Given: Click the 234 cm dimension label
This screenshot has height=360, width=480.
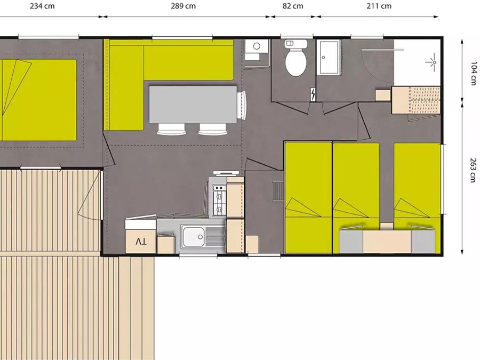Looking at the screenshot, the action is tap(42, 6).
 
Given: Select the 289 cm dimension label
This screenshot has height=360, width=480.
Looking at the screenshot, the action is tap(183, 6).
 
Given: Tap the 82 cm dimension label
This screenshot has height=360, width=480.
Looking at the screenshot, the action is tap(293, 6).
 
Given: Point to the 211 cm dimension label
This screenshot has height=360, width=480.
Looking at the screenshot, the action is tap(379, 6).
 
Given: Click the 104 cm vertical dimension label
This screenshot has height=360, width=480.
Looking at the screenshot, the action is tap(474, 74).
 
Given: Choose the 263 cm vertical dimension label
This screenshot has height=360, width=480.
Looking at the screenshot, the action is tap(474, 170).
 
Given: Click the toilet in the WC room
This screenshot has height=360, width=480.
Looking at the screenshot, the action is tap(296, 59).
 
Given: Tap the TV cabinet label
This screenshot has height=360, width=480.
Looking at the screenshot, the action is tap(141, 242).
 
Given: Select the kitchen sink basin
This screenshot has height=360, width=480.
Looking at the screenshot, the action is tap(194, 236).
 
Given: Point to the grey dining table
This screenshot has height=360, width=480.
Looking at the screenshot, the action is tap(193, 105).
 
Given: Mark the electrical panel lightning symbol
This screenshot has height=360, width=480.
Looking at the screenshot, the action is tap(313, 94).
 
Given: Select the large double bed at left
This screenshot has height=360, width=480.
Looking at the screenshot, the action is tap(38, 100).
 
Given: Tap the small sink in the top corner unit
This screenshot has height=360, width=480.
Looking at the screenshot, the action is tap(257, 50).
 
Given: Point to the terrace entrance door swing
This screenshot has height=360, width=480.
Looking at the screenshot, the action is tap(90, 196).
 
